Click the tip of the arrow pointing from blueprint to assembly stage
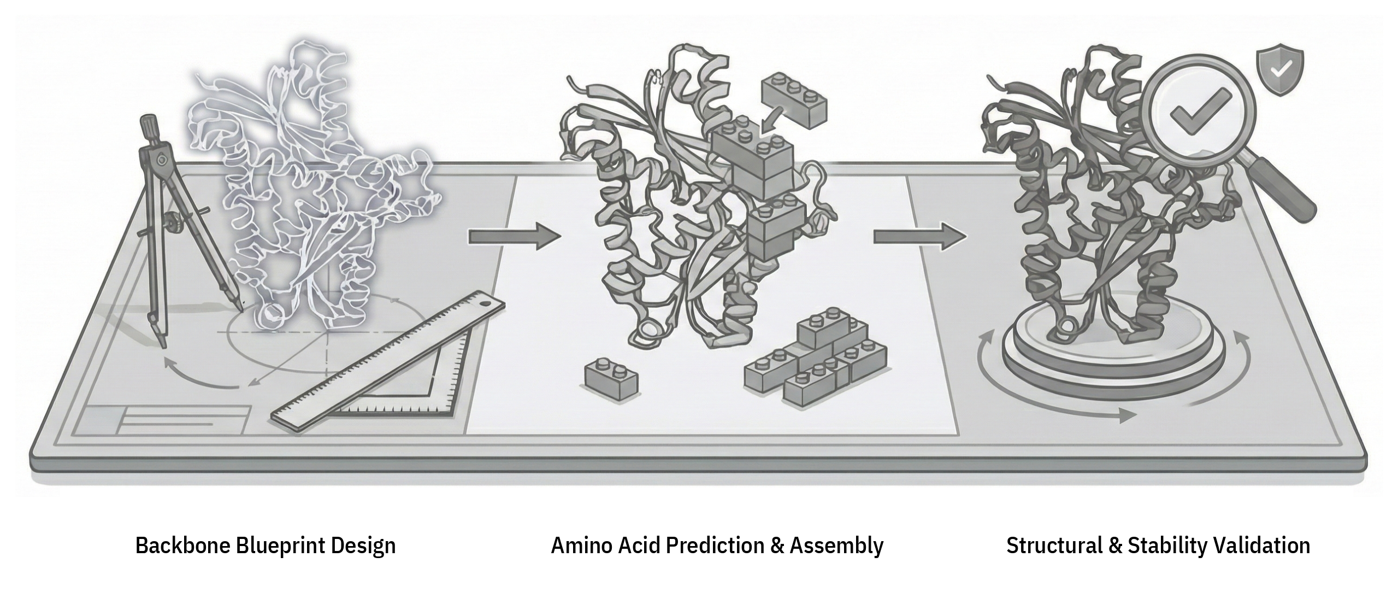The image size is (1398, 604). pos(562,236)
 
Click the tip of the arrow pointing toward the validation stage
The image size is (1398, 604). pos(967,236)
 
